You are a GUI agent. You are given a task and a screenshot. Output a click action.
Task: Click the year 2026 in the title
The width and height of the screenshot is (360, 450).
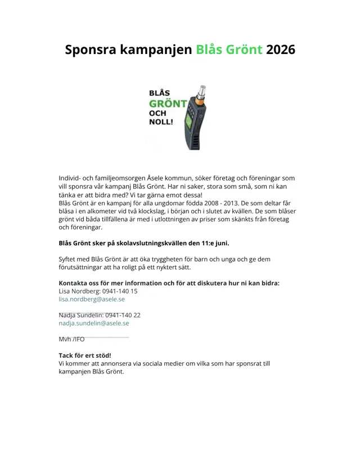pos(280,49)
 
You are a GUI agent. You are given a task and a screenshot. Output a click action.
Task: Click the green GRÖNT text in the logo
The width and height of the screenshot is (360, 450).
pos(168,103)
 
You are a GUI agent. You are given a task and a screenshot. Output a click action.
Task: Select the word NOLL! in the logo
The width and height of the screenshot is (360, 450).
pos(161,121)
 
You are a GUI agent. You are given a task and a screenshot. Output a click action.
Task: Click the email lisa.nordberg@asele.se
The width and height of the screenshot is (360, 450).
pos(92,299)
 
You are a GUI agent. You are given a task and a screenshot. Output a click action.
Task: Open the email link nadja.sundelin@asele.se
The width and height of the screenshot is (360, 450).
pos(94,323)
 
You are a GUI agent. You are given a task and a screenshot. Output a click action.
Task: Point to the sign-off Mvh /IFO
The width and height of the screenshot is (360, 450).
pos(71,339)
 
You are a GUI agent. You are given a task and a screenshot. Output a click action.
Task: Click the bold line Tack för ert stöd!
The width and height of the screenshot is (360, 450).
pos(85,355)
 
